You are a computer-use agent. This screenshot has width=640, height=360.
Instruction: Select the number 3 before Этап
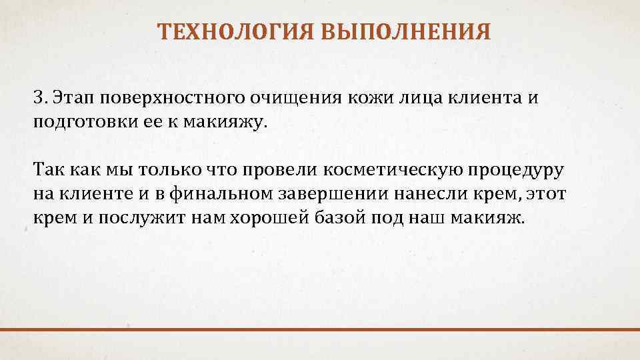[x=38, y=97]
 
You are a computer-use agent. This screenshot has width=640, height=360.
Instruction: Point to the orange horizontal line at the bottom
[x=320, y=329]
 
